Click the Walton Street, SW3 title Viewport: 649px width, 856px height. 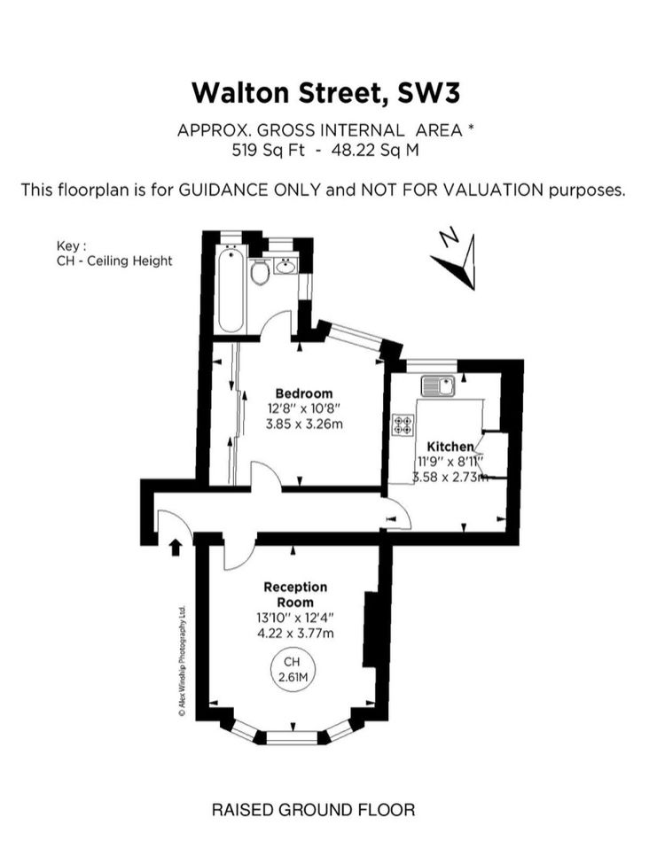[x=325, y=93]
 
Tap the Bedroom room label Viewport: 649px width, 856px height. [x=304, y=393]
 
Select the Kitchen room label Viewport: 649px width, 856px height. [x=450, y=446]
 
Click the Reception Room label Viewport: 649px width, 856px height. [x=295, y=595]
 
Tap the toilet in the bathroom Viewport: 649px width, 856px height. [x=260, y=271]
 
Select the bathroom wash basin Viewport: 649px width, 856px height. [x=285, y=267]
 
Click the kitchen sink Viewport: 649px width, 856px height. [x=438, y=386]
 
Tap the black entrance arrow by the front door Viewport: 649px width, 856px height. [x=175, y=547]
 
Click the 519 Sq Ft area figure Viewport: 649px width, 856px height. [x=269, y=150]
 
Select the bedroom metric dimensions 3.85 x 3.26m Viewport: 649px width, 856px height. [x=304, y=424]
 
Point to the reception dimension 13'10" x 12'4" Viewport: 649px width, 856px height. [x=295, y=618]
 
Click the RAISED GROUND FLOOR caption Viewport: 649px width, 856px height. [x=313, y=810]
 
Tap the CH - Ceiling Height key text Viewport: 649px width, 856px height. [x=114, y=261]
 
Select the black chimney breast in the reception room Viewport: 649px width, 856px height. [x=371, y=628]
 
